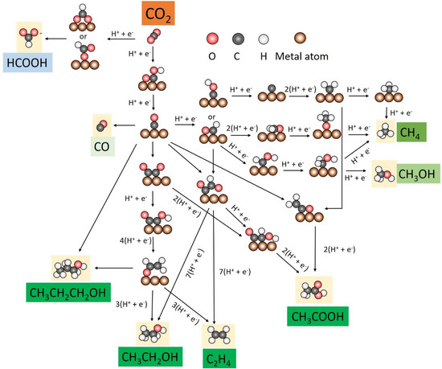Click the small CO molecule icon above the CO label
point(100,126)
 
